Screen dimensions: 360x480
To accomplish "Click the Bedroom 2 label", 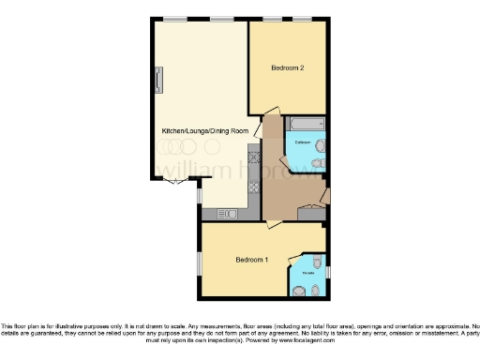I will (x=287, y=67).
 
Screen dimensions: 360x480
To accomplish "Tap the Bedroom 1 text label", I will (x=252, y=259).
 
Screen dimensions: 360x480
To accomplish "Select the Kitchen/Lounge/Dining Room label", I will (x=205, y=130).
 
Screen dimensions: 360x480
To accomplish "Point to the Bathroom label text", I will (x=302, y=142).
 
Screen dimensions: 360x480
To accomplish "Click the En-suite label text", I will (x=308, y=273).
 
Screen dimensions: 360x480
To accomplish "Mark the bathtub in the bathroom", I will (x=306, y=124).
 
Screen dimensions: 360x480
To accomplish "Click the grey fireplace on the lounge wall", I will (x=159, y=79).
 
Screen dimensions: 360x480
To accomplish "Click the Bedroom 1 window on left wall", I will (x=198, y=262).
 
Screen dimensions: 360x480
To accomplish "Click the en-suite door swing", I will (x=296, y=258).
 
